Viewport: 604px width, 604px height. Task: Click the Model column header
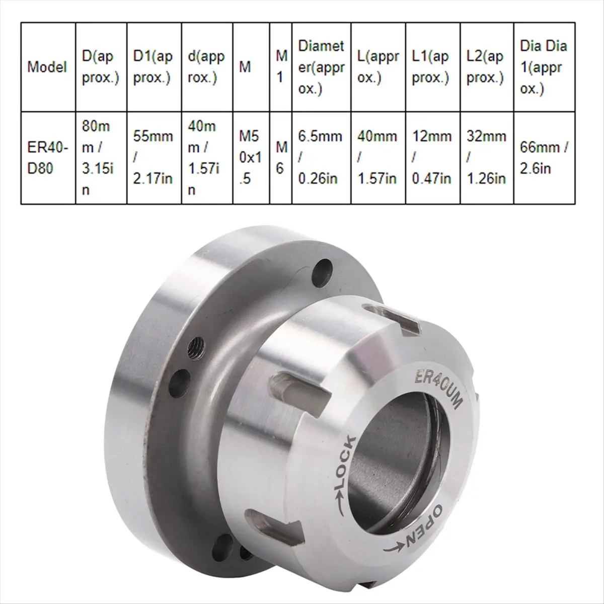47,66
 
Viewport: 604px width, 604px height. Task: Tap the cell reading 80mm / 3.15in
101,158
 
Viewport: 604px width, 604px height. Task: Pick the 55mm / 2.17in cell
153,158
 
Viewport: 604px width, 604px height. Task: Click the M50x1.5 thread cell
251,158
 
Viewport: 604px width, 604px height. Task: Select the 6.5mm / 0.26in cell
320,158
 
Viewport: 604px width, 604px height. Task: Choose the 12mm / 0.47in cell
432,158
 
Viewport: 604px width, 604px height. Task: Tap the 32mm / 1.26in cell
486,158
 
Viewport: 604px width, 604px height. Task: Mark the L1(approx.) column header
432,66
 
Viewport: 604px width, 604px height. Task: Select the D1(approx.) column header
153,66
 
